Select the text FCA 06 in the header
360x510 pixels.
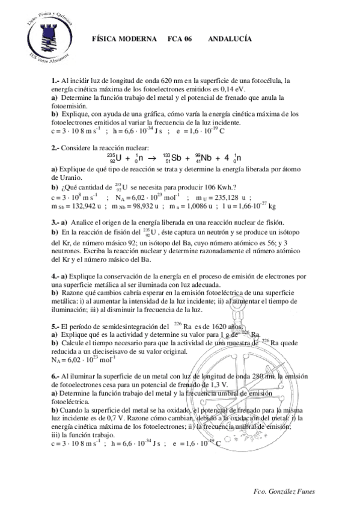pos(180,38)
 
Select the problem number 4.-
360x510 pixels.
pos(56,275)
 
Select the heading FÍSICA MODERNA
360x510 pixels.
pos(123,38)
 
